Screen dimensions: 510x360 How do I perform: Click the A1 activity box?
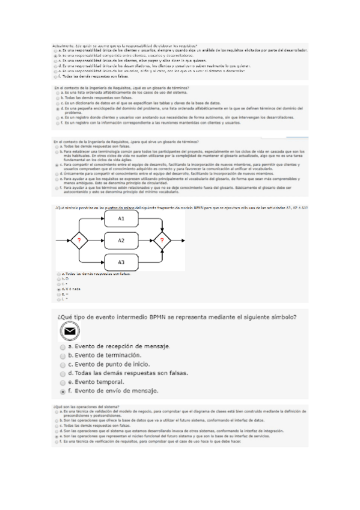[121, 219]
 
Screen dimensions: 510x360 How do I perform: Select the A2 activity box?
[121, 241]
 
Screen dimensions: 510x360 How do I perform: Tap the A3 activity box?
[121, 262]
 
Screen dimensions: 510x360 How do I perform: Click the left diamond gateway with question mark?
[78, 241]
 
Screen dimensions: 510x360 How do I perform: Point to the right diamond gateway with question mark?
[161, 241]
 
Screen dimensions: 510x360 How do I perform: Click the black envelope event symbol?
[70, 331]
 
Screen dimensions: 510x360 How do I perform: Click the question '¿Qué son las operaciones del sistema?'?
[87, 407]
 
